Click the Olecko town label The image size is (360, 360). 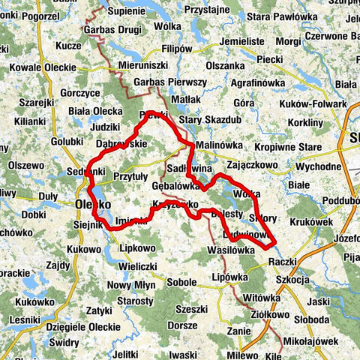pos(93,204)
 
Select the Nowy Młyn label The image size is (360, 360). pos(130,285)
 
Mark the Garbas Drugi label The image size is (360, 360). pos(114,29)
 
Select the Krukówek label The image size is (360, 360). pos(313,221)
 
